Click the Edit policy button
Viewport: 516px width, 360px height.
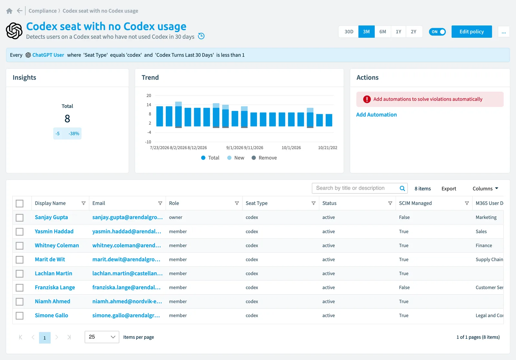click(x=471, y=32)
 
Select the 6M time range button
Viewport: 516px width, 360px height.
click(x=382, y=32)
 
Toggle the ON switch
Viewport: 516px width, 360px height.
click(x=437, y=32)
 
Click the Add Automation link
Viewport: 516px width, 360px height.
click(x=376, y=115)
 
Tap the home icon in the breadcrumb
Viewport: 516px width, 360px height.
click(x=9, y=11)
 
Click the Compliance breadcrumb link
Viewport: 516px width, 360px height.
click(x=43, y=11)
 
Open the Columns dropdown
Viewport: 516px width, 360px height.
click(x=485, y=188)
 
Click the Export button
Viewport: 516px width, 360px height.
click(x=449, y=188)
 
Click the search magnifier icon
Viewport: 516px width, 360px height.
click(x=402, y=188)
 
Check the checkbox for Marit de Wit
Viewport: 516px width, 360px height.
click(x=20, y=259)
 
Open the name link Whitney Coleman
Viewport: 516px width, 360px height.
click(x=57, y=245)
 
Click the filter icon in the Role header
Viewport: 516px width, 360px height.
click(x=237, y=203)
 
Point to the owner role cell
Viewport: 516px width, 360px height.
click(x=175, y=217)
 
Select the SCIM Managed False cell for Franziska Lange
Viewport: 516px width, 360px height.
click(x=404, y=287)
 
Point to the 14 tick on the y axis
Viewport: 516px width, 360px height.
click(x=149, y=105)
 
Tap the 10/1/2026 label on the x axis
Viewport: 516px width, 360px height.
click(x=291, y=147)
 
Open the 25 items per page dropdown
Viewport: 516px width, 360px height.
click(x=102, y=337)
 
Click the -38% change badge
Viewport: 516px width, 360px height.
click(x=74, y=134)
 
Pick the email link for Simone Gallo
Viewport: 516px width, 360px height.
click(x=126, y=315)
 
